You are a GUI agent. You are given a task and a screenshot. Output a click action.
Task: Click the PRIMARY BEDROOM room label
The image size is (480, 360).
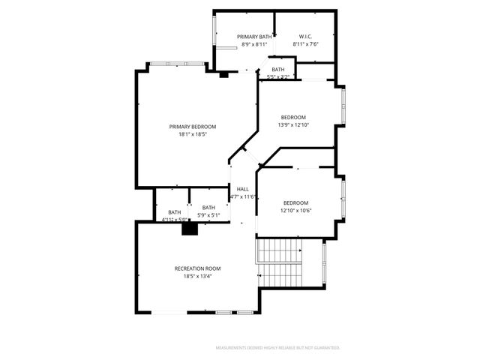point(192,127)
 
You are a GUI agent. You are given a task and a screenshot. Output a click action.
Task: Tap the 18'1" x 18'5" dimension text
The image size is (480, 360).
point(192,135)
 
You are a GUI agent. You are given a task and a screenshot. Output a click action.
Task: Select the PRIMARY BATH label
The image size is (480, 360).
point(254,37)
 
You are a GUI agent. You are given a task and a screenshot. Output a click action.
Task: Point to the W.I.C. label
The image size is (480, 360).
point(305,37)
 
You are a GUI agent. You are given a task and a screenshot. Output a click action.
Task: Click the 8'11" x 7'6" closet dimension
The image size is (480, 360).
point(305,44)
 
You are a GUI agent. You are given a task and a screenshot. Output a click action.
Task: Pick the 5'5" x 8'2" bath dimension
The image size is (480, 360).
point(278,76)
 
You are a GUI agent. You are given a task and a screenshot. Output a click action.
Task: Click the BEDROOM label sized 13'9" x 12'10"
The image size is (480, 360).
point(293,117)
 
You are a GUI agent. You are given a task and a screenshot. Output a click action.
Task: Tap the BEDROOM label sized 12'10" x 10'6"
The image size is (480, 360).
point(295,203)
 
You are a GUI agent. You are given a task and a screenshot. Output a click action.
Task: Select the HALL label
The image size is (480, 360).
point(243,189)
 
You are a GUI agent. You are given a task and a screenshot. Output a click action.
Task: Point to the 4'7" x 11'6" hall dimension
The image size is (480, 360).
point(243,197)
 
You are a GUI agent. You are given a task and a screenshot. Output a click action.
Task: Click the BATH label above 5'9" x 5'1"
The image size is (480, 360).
point(208,208)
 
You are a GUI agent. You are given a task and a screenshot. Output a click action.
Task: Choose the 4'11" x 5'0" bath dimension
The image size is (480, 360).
point(174,220)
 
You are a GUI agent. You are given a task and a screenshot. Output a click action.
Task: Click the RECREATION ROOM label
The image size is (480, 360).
point(197,268)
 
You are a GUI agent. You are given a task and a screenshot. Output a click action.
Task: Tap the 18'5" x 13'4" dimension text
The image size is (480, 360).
point(197,276)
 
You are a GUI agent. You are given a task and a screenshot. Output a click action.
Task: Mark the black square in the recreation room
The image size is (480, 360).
point(189,229)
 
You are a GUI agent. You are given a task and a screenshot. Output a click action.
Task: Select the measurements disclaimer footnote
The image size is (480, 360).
point(277,348)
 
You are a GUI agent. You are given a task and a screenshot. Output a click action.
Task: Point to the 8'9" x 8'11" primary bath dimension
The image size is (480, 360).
point(254,44)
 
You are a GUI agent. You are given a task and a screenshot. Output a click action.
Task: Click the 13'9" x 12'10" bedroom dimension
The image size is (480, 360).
point(293,124)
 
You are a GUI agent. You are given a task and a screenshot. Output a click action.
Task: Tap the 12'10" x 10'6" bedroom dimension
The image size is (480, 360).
point(295,211)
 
